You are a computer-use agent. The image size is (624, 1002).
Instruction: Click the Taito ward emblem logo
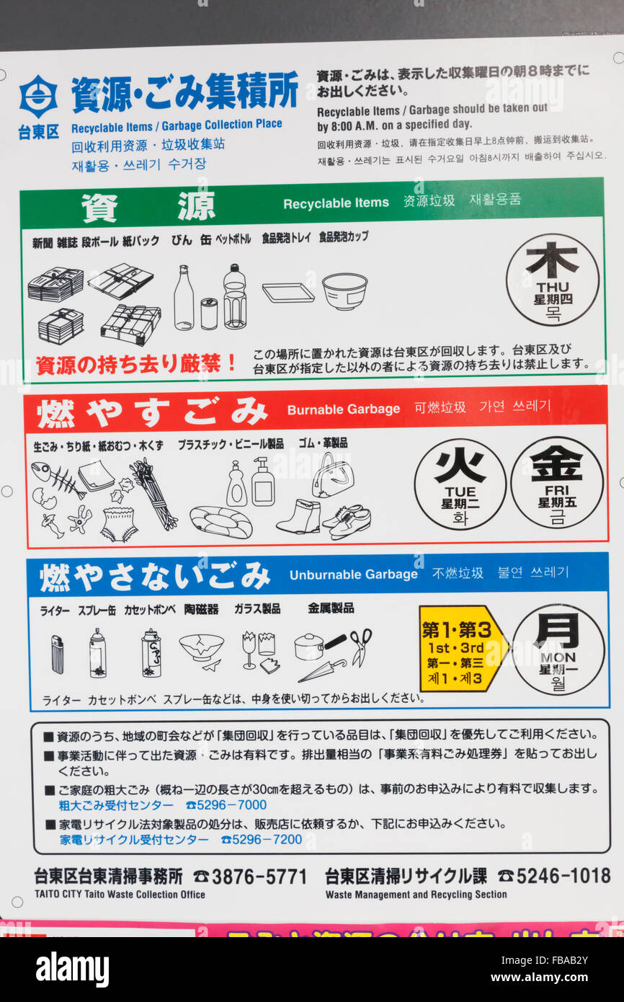38,97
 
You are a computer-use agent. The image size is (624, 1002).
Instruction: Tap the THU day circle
552,280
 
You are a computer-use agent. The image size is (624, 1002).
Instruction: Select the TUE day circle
460,484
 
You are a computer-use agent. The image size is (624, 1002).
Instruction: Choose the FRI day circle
556,482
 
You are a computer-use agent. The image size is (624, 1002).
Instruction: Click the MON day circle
558,649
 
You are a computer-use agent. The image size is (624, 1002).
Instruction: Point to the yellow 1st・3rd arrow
461,648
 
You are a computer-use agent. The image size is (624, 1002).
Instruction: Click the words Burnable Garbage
343,409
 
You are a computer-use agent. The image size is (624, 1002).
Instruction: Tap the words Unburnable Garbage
353,575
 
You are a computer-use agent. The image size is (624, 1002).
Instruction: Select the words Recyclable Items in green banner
336,203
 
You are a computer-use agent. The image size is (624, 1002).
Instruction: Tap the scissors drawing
360,646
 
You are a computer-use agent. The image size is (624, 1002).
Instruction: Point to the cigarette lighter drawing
57,654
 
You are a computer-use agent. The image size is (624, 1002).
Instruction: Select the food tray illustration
288,292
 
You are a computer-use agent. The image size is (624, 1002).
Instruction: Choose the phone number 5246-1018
563,876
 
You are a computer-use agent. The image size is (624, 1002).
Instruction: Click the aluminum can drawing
209,314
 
